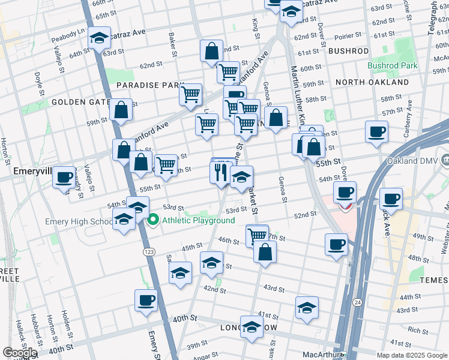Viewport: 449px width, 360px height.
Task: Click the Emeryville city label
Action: point(28,172)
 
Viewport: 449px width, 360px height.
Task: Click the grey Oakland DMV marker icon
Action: point(445,160)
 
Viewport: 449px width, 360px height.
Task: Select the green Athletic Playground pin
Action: point(153,220)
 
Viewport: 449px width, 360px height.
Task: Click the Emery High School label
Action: point(78,221)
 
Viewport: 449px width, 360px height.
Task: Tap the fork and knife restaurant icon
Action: point(220,173)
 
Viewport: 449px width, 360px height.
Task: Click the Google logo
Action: point(20,353)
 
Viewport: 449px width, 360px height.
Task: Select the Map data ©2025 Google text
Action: point(411,355)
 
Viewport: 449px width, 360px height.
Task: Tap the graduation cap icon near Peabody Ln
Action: point(99,38)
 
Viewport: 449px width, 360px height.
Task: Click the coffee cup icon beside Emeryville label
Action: point(64,178)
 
